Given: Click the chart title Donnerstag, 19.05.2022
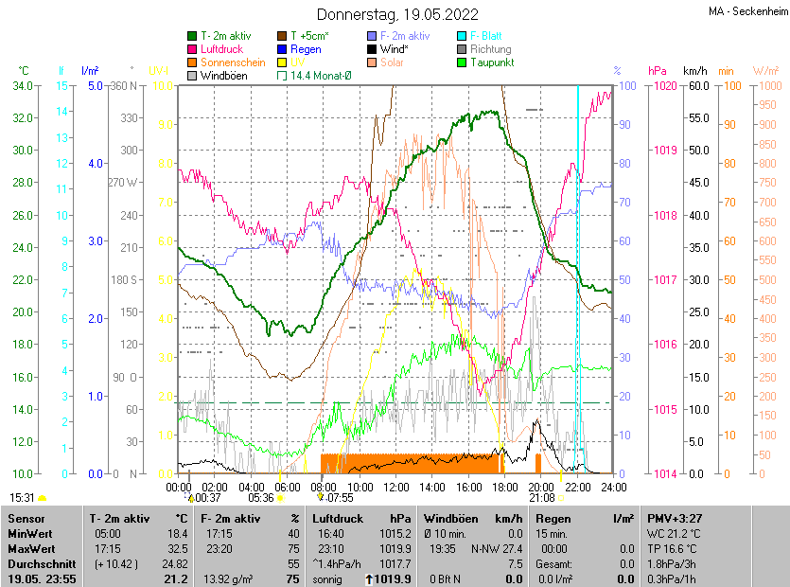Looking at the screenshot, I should (397, 15).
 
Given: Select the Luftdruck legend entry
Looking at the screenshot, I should (221, 49).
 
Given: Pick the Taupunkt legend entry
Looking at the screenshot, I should (491, 62).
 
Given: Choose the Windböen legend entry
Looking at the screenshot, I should (223, 76).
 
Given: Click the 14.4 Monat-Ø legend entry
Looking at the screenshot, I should (321, 76).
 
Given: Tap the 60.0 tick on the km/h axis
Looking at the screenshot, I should (696, 85).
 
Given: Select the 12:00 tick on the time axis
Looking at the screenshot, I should (395, 487).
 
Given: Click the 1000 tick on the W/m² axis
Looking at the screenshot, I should (765, 85).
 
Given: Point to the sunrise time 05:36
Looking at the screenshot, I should (260, 497).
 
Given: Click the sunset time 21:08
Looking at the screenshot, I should (541, 497).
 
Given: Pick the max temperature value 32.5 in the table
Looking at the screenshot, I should (177, 549).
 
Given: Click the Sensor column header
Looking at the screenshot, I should (26, 519).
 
